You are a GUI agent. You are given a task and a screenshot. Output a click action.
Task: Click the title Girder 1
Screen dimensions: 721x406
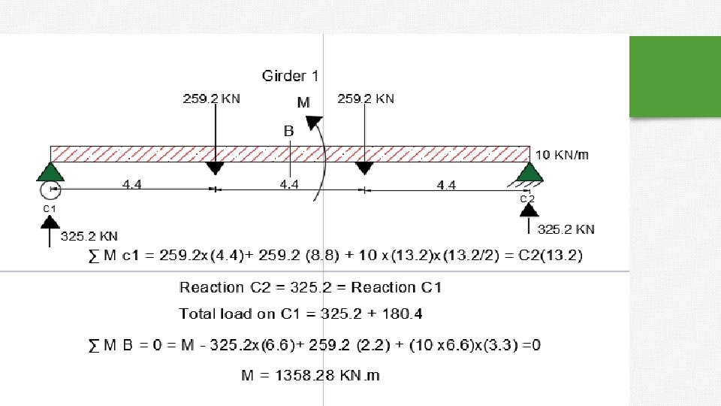coord(290,75)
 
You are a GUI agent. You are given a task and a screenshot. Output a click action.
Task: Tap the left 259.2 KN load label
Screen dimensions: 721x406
coord(212,98)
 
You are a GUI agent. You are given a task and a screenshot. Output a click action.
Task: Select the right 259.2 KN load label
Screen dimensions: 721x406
coord(366,98)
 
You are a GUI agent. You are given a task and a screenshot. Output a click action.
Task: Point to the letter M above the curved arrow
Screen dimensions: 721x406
coord(303,102)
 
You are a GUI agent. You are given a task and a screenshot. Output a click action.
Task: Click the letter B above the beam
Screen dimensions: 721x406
coord(288,131)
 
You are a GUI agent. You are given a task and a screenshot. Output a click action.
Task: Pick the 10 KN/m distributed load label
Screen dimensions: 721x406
coord(562,155)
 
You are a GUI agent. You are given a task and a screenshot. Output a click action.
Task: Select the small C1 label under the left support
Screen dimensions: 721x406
coord(50,208)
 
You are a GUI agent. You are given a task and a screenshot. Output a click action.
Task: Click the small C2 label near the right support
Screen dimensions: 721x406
coord(527,198)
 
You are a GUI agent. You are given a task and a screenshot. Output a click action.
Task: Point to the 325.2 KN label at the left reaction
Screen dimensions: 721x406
coord(89,236)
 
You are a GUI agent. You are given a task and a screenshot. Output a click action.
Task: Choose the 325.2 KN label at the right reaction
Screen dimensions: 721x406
coord(566,229)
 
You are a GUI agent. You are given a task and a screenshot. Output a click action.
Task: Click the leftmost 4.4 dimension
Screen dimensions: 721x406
coord(132,185)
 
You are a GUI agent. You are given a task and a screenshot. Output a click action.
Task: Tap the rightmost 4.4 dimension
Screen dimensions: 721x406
coord(446,185)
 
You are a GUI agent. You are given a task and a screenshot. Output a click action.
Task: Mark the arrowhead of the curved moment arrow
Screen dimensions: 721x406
coord(314,123)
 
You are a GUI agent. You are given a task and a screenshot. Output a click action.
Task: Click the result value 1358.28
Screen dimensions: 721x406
coord(305,375)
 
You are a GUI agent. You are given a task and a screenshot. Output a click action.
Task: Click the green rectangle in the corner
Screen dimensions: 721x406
coord(675,77)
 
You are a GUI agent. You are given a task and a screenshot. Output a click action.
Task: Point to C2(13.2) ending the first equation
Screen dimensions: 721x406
coord(551,255)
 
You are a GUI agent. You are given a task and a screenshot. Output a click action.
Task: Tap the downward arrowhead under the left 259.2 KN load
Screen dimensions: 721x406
coord(215,168)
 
